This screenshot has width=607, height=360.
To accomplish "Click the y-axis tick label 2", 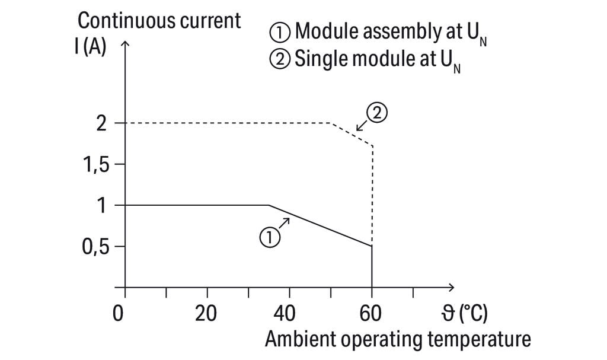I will (101, 123).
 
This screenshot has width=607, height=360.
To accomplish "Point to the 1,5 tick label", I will (96, 164).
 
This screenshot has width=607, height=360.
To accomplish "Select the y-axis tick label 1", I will (102, 205).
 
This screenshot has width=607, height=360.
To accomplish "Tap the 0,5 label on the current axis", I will (96, 246).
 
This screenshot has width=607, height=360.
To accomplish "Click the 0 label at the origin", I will (119, 313).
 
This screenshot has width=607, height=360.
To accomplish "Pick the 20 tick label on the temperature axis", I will (207, 313).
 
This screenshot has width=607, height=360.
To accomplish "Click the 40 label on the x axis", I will (289, 313).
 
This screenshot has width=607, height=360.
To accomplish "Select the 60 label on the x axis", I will (371, 313).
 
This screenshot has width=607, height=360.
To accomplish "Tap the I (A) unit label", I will (91, 47).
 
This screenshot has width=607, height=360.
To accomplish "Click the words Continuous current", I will (159, 21).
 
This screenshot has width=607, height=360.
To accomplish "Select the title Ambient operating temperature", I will (398, 340).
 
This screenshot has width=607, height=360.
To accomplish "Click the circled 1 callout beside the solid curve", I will (269, 238).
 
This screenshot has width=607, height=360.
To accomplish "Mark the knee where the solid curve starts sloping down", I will (269, 205).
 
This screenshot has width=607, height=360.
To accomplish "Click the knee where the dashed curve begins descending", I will (331, 123).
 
